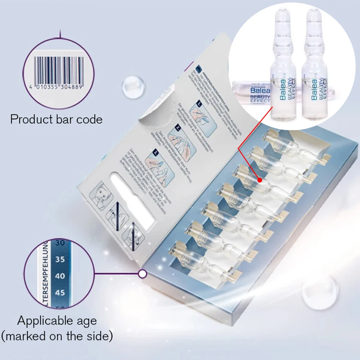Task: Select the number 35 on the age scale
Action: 60,260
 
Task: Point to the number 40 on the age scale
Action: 60,276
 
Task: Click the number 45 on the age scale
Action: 60,292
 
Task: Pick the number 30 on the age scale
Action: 60,243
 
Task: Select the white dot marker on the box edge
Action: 143,274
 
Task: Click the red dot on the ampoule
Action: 259,179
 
